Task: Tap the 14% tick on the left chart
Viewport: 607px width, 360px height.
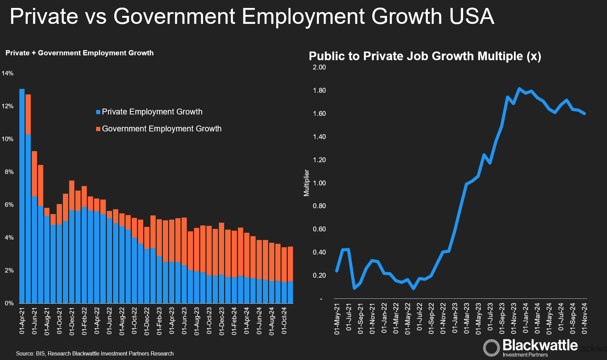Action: [8, 73]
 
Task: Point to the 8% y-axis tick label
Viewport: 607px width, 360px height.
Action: [9, 172]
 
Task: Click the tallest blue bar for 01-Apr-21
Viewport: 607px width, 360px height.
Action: [22, 194]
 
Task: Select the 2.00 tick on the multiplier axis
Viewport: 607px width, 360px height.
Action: [319, 67]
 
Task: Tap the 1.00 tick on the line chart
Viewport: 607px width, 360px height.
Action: [319, 183]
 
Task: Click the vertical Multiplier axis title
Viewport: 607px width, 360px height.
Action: [306, 183]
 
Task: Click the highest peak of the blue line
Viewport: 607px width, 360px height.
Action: [519, 89]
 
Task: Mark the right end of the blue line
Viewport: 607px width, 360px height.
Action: [585, 113]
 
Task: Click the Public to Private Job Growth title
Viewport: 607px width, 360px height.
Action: [425, 56]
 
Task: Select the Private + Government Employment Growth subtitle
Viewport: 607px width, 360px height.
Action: [80, 53]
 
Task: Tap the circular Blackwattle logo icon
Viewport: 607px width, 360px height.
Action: [491, 348]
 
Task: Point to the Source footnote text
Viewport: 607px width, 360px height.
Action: [95, 353]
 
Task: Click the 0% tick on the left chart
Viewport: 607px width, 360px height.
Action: [9, 303]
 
